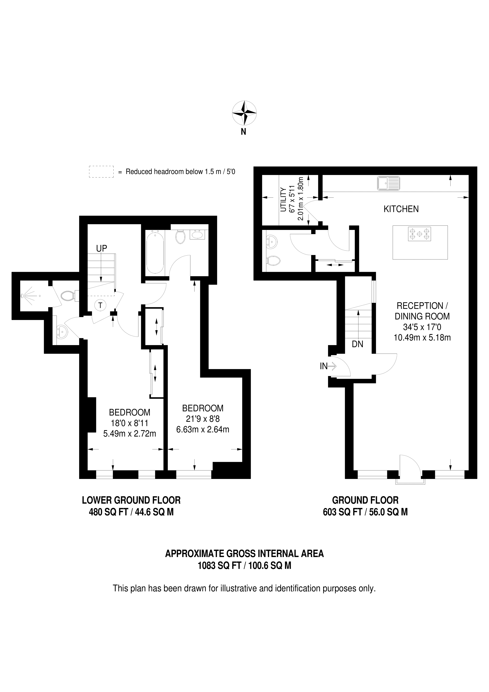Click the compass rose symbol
coord(244,113)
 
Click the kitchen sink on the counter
coord(389,183)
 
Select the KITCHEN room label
coord(401,209)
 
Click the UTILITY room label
coord(283,200)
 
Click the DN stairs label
coord(357,344)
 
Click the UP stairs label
coord(102,248)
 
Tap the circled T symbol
coord(100,305)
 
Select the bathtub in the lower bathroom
coord(155,252)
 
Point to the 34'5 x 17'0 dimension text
coord(422,327)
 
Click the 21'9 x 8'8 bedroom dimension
coord(202,419)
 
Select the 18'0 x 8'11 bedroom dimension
coord(130,423)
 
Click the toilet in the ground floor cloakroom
coord(273,260)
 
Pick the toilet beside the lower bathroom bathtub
coord(180,237)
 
